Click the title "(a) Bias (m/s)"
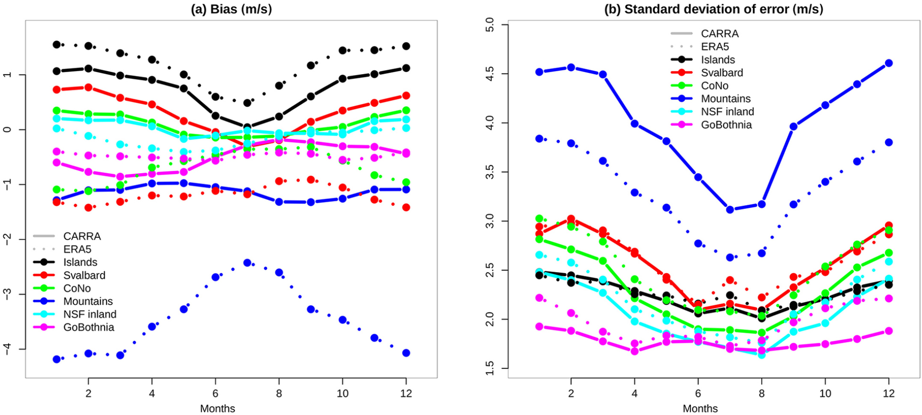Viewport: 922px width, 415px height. point(231,9)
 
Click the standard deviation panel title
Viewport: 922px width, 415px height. point(714,9)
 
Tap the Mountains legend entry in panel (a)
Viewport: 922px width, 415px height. point(88,301)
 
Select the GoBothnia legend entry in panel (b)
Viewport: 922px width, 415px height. point(726,125)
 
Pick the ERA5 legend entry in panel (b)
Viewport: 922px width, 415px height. point(715,47)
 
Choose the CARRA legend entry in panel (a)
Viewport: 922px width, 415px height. point(82,236)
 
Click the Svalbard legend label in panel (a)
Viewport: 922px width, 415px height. point(84,275)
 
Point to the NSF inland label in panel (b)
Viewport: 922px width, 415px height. point(727,112)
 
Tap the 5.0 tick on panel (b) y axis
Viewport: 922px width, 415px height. point(490,25)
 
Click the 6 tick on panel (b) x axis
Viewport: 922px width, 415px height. point(698,393)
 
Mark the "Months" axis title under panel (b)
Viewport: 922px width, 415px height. point(700,408)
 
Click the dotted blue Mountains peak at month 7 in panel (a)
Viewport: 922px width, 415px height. point(247,263)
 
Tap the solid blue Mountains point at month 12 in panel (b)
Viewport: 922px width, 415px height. point(889,63)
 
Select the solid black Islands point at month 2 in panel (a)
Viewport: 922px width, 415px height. point(88,68)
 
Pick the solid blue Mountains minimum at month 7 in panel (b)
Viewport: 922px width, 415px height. point(730,210)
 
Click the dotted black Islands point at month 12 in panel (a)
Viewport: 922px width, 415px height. point(406,46)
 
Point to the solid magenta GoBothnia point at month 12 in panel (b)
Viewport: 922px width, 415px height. point(889,331)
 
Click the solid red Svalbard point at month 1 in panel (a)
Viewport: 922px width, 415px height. point(57,90)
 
